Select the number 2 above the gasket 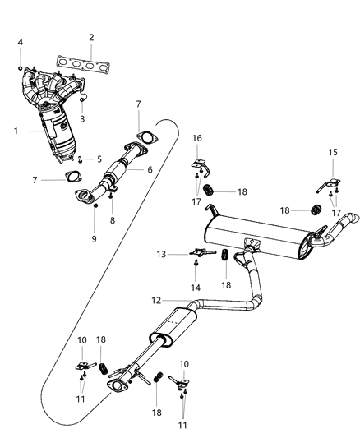coord(91,37)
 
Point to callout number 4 coord(21,42)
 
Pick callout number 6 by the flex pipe coord(150,169)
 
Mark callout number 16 coord(197,137)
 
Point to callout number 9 coord(94,238)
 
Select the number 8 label coord(113,220)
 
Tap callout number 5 coord(99,159)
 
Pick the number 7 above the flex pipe coord(138,104)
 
